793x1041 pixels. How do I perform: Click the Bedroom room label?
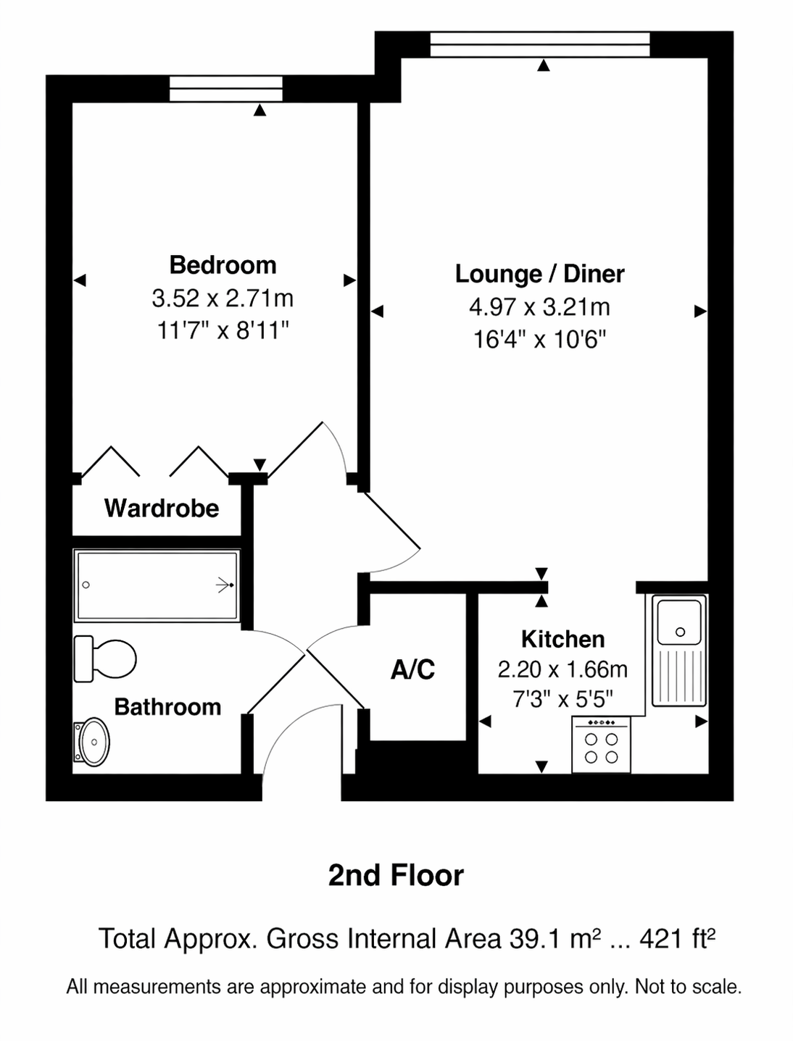(223, 264)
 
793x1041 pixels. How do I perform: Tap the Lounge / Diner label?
(539, 274)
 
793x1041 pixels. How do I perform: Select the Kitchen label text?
(562, 639)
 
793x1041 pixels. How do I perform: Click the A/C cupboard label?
(412, 669)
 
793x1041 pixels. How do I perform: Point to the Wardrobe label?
(162, 508)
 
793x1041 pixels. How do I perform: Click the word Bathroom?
(167, 706)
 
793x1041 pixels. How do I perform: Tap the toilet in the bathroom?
(105, 659)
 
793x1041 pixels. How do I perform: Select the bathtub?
(157, 585)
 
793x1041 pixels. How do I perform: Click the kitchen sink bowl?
(679, 622)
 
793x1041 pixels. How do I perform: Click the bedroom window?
(226, 88)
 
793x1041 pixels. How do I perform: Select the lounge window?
(539, 45)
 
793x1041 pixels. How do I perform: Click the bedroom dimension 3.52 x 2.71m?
(223, 298)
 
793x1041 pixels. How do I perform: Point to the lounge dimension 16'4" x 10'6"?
(540, 340)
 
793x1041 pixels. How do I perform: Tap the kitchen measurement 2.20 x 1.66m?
(562, 669)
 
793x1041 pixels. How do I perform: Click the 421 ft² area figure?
(677, 939)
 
